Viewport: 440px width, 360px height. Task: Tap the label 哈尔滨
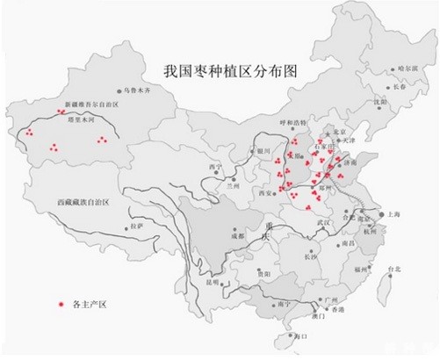408,68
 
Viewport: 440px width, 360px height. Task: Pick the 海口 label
303,336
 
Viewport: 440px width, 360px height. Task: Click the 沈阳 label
379,101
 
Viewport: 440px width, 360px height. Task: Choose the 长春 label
401,86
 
